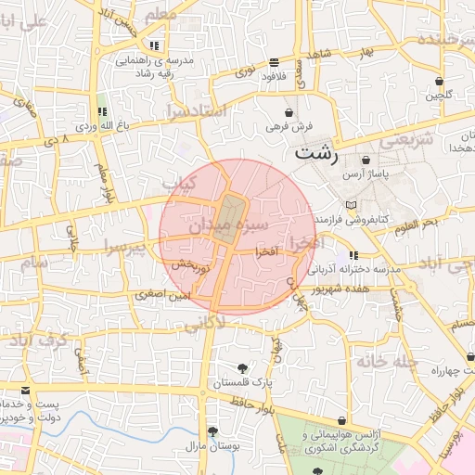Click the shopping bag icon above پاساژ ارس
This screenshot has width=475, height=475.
pos(366,160)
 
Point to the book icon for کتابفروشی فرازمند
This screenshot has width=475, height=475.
pos(349,205)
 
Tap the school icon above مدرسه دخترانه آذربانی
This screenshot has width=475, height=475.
pos(353,255)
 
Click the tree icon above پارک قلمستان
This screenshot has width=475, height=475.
pos(243,368)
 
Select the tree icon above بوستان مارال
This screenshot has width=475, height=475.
pos(212,431)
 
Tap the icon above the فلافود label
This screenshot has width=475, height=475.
pos(274,63)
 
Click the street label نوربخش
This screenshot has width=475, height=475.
pos(192,266)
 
